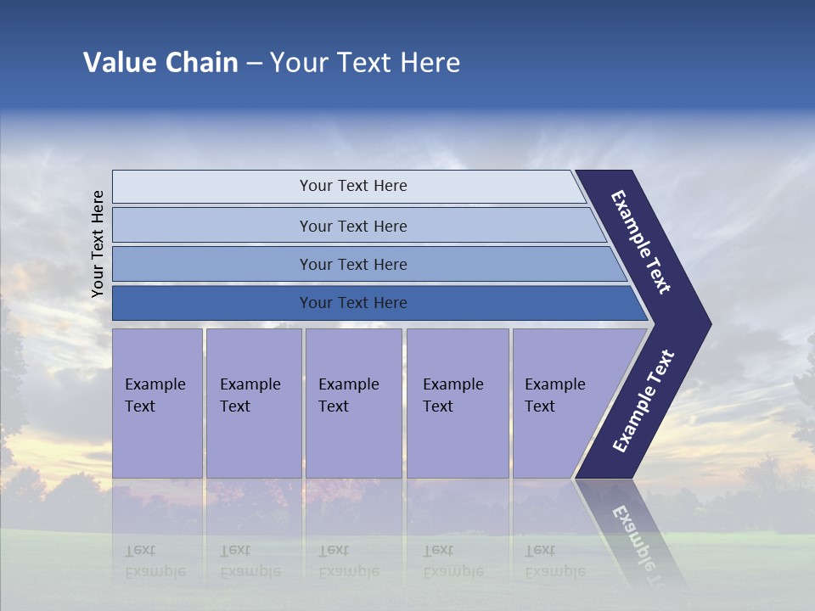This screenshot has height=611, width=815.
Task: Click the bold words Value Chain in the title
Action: tap(160, 63)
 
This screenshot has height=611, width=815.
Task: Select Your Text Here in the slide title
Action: tap(365, 63)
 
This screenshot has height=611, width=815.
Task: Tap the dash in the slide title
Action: tap(254, 64)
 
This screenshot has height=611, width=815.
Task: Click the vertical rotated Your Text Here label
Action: tap(98, 244)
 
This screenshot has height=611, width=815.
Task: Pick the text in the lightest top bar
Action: tap(353, 186)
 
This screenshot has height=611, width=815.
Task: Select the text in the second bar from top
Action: tap(353, 227)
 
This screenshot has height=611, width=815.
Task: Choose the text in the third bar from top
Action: tap(353, 265)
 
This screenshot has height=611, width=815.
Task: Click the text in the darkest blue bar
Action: tap(353, 303)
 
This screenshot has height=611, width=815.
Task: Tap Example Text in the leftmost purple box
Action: tap(155, 395)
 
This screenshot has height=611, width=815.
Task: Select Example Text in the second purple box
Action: tap(250, 395)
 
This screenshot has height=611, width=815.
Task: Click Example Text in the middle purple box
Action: tap(348, 395)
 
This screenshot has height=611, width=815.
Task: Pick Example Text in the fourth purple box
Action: tap(452, 395)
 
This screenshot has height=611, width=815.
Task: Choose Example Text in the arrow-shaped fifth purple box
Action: tap(554, 395)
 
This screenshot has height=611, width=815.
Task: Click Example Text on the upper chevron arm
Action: tap(641, 242)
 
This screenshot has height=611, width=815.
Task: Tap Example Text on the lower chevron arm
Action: tap(643, 401)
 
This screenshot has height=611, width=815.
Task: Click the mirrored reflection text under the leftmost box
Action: tap(155, 561)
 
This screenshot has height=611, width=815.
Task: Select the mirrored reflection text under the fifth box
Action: tap(554, 561)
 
